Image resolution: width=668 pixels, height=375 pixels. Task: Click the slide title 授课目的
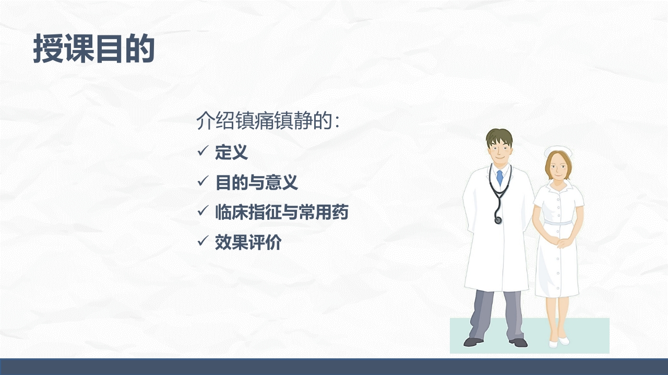[94, 49]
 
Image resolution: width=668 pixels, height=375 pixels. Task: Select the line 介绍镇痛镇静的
[268, 121]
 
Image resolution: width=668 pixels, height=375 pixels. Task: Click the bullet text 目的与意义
[256, 182]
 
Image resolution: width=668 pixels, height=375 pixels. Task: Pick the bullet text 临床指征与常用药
[281, 213]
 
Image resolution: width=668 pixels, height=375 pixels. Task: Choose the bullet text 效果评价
[248, 243]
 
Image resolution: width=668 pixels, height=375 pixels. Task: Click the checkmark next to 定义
[203, 152]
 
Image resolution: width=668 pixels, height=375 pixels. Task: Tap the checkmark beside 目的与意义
[203, 182]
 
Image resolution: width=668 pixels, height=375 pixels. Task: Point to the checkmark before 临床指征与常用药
[203, 212]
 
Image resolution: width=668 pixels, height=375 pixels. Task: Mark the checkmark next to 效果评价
[203, 242]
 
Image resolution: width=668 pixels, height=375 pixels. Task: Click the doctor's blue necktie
[499, 178]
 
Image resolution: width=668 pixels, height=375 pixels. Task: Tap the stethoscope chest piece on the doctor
[498, 220]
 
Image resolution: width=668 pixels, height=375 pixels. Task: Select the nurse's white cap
[557, 152]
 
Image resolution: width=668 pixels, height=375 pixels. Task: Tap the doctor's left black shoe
[473, 342]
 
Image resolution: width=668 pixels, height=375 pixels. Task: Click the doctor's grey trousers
[496, 312]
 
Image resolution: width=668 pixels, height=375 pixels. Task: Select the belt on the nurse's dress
[558, 223]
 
